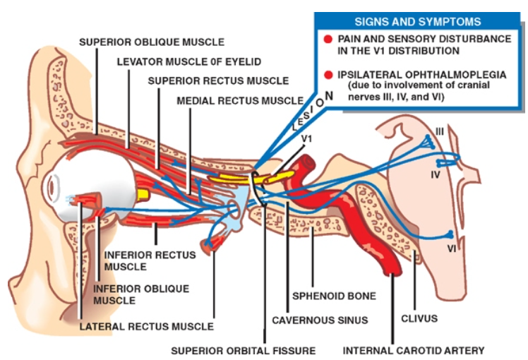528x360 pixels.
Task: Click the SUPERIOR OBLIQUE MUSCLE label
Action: pyautogui.click(x=152, y=42)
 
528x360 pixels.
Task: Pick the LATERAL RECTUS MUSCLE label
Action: pyautogui.click(x=147, y=326)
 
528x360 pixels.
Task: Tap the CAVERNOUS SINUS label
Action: pyautogui.click(x=320, y=320)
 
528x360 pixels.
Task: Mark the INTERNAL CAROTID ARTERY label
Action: pyautogui.click(x=414, y=349)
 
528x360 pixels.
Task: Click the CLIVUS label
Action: pyautogui.click(x=419, y=318)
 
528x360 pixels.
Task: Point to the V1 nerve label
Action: pyautogui.click(x=307, y=138)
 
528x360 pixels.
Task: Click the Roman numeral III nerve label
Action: pyautogui.click(x=439, y=131)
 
